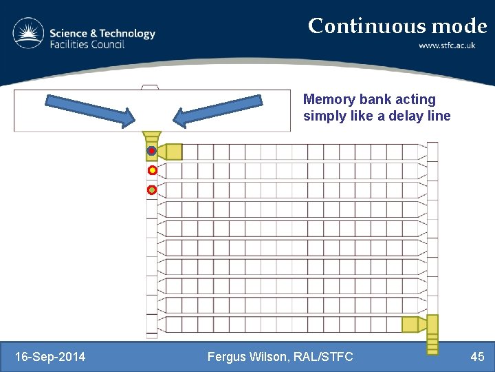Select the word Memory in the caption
[327, 100]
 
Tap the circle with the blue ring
[151, 151]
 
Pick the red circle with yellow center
[152, 170]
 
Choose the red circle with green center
[152, 189]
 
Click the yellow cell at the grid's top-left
[174, 152]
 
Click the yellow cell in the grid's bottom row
[410, 324]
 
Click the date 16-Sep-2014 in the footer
[50, 356]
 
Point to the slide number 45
[477, 356]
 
